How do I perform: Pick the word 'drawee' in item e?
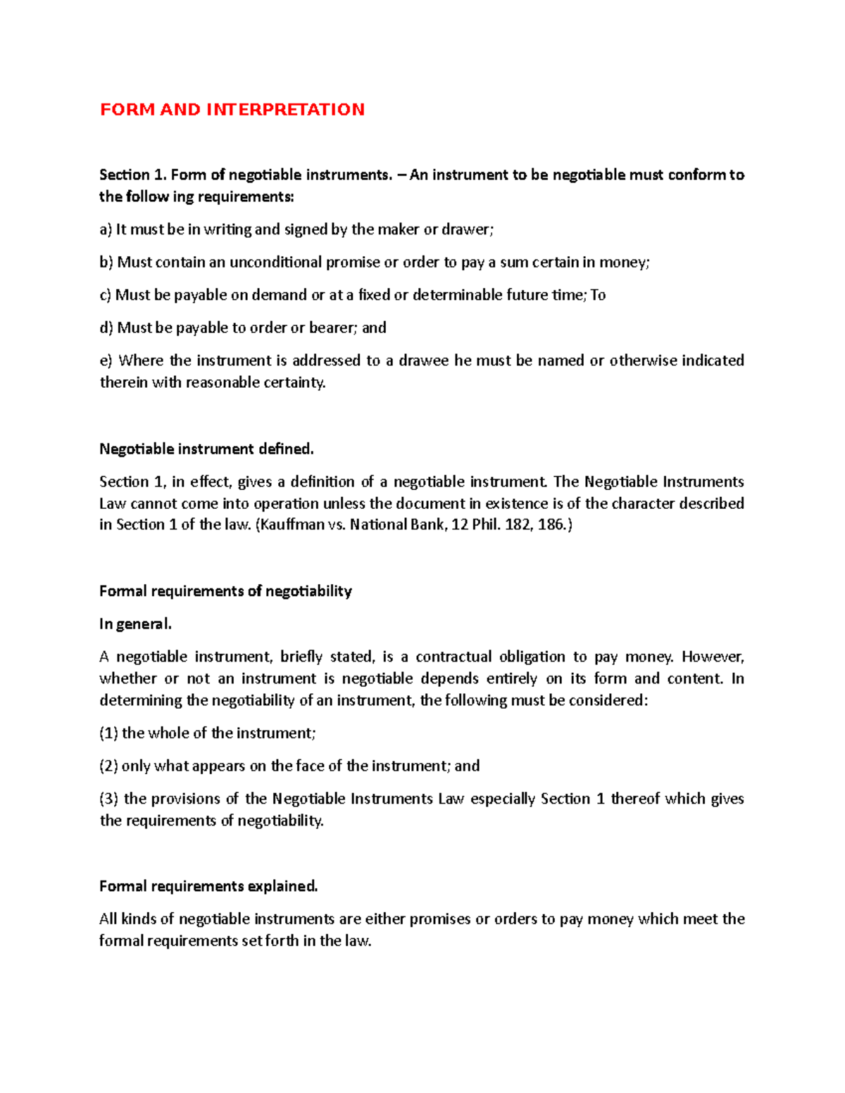click(x=423, y=360)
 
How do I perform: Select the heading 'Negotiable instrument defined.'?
click(x=206, y=449)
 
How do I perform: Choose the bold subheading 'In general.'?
click(x=135, y=624)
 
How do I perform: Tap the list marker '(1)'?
click(x=108, y=733)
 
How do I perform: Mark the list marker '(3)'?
click(x=109, y=799)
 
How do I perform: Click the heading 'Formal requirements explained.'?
click(x=208, y=886)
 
